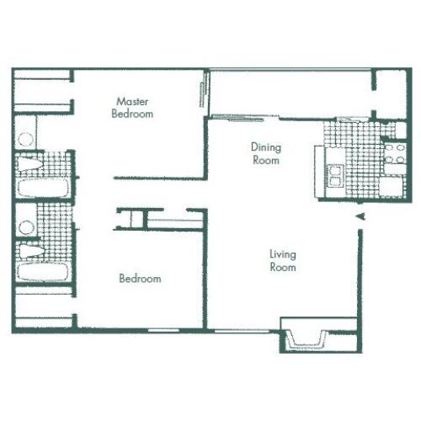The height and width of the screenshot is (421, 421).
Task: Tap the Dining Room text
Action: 265,152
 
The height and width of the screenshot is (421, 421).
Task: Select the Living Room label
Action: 283,260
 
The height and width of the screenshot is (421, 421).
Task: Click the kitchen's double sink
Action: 335,175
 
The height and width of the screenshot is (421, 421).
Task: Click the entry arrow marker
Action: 360,218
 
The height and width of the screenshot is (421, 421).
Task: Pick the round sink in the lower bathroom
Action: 27,226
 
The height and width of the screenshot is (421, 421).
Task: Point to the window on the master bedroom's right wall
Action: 203,92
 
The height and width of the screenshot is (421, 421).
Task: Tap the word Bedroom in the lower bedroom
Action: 140,279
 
